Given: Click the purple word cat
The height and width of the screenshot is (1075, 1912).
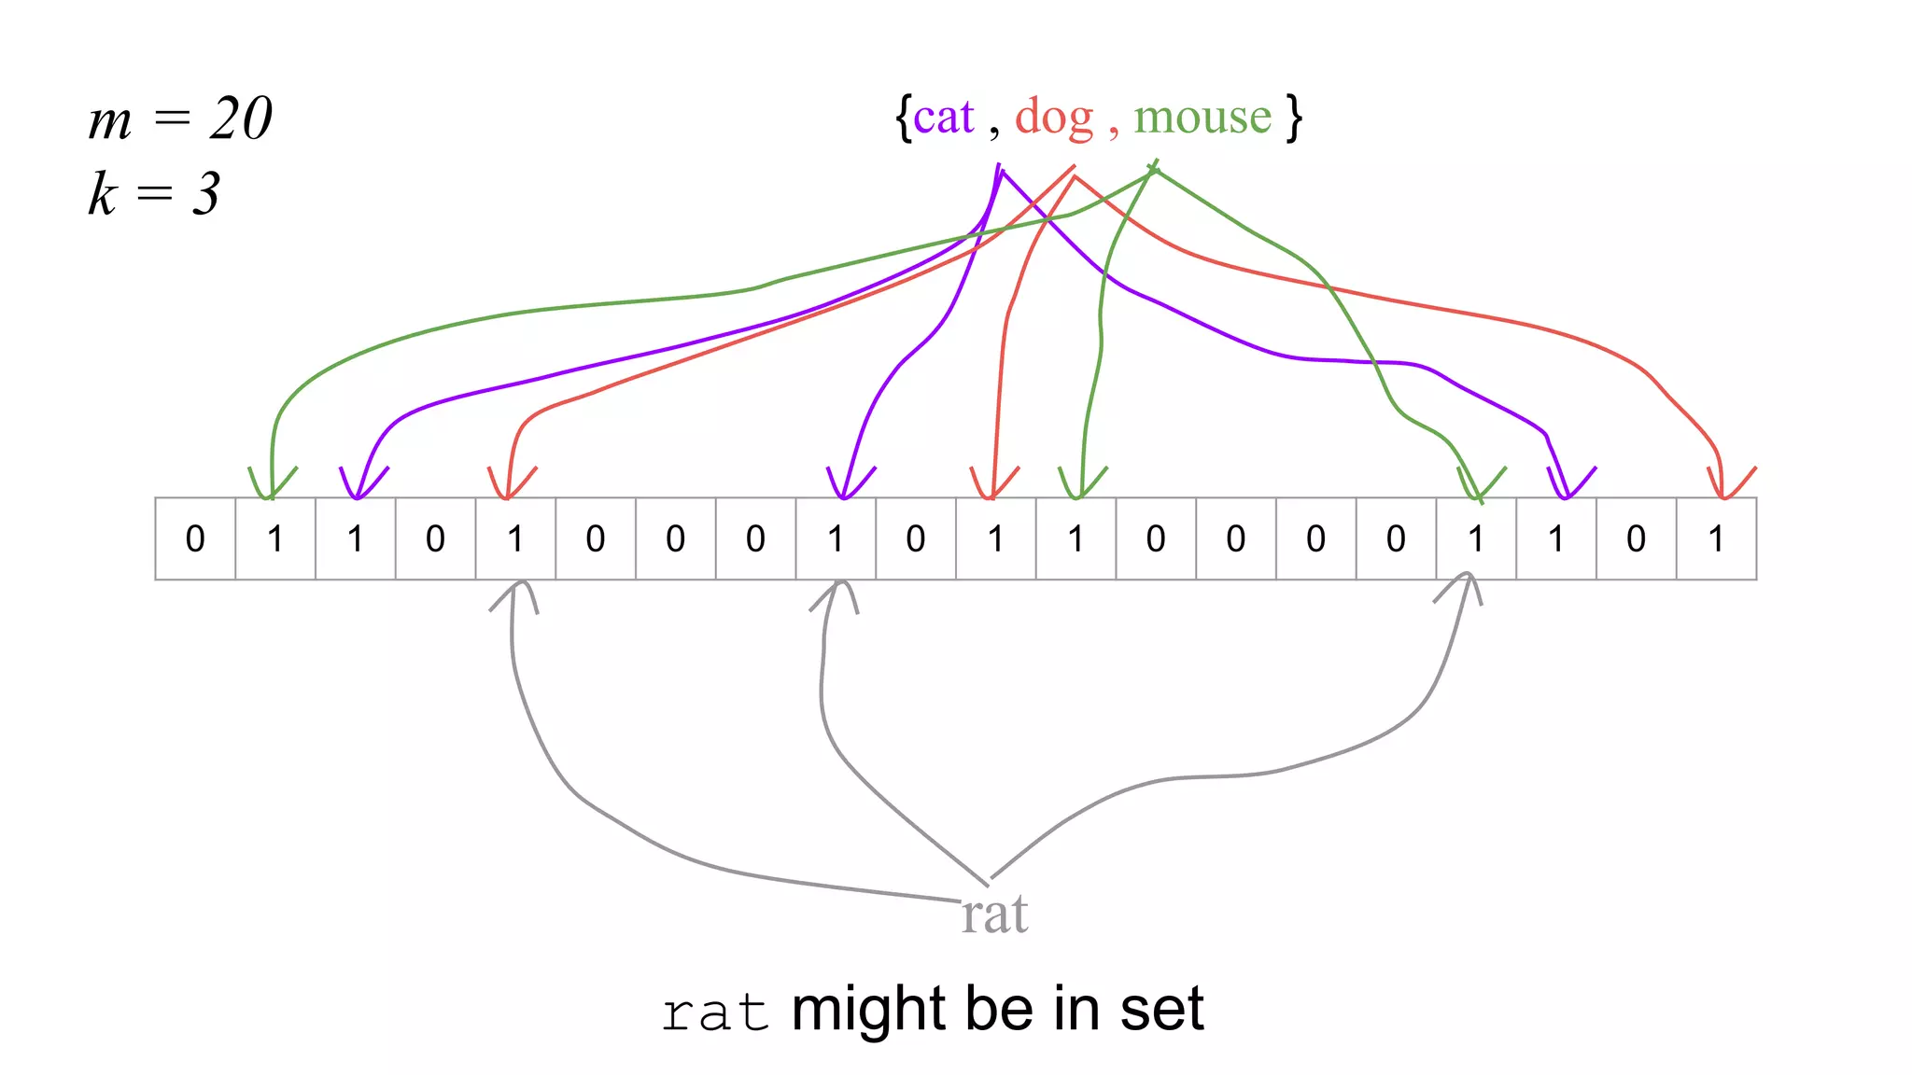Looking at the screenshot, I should point(944,118).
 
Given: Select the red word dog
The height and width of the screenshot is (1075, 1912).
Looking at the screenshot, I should point(1054,118).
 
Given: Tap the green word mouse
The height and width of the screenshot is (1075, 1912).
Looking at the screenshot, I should point(1202,118).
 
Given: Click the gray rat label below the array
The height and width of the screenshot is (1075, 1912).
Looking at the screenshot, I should point(994,914).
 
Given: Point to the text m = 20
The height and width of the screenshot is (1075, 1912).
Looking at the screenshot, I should point(180,119).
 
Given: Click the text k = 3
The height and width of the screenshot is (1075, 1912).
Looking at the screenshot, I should point(154,194).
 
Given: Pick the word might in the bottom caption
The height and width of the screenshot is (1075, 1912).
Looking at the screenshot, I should point(869,1009).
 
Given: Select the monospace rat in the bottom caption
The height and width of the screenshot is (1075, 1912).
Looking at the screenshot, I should point(715,1012).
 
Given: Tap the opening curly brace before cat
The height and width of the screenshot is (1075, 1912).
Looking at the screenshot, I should point(903,118).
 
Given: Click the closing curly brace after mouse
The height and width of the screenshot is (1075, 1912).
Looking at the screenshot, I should point(1293,118).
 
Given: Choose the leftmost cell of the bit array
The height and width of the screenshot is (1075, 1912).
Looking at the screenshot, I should point(195,538).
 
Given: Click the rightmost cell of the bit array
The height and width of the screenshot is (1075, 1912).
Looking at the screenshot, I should point(1716,538).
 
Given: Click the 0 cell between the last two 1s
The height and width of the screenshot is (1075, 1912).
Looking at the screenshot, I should point(1636,538).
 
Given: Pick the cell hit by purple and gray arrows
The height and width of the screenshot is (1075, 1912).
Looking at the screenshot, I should point(836,538).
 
